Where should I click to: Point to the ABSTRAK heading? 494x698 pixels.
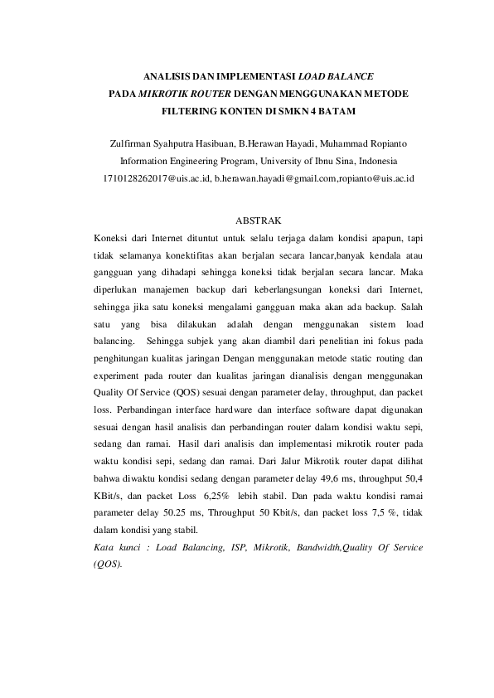click(x=247, y=221)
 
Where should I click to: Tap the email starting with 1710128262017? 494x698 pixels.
click(x=156, y=177)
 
